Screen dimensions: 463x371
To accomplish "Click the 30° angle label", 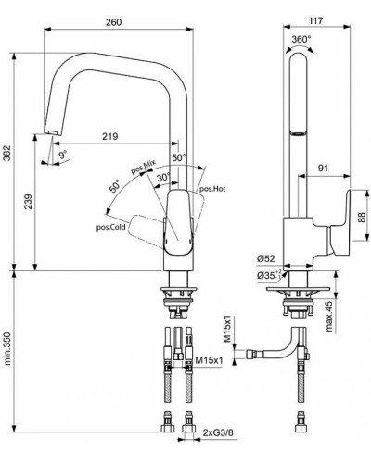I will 163,177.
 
